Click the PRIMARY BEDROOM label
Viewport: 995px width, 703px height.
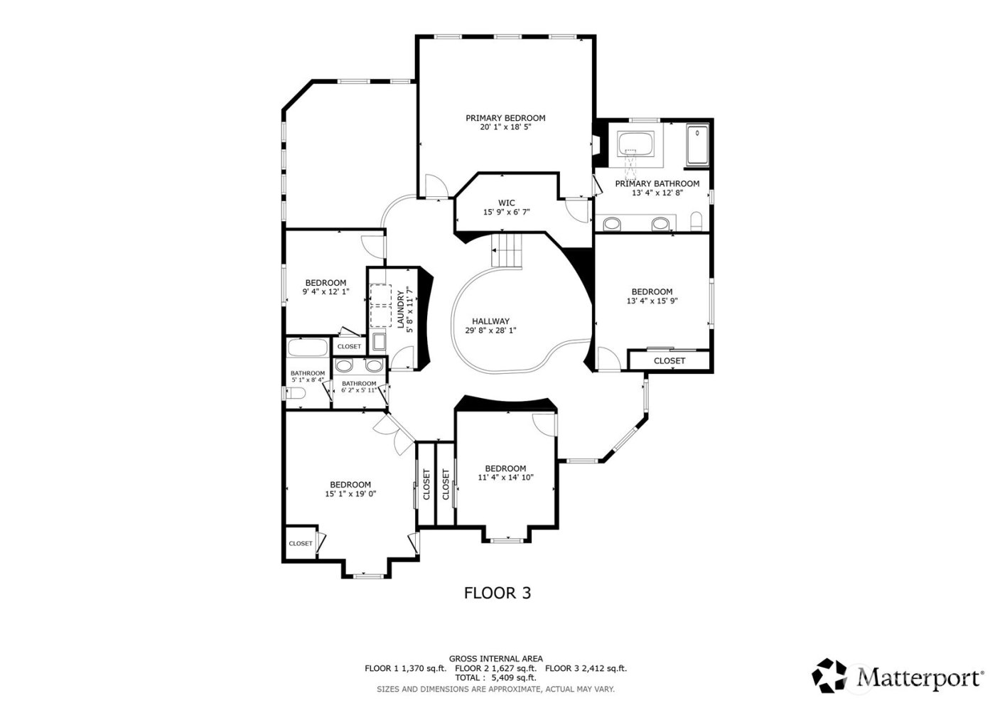(x=505, y=118)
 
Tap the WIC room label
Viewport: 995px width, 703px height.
(x=506, y=203)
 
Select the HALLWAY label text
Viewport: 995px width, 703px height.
(x=490, y=321)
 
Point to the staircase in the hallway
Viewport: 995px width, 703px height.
(x=507, y=251)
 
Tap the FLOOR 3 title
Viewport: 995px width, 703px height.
(x=497, y=593)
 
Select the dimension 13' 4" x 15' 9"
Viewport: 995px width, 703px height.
(x=652, y=301)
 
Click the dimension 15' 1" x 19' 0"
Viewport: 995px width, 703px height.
(x=350, y=493)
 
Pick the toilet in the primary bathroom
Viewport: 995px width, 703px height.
(x=696, y=222)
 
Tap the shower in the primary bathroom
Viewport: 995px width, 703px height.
(x=697, y=145)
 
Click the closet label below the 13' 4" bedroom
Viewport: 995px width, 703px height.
(x=669, y=361)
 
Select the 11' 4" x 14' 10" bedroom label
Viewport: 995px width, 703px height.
(x=505, y=468)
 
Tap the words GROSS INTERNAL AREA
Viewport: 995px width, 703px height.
(x=495, y=659)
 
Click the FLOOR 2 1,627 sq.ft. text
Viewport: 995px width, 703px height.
(x=495, y=668)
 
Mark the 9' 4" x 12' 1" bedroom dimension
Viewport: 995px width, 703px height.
(x=326, y=291)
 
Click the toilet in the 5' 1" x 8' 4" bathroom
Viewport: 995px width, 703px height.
(x=297, y=393)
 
